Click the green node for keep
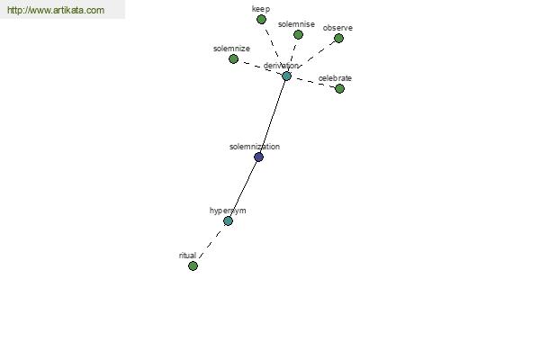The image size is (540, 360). point(261,20)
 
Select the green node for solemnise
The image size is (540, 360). point(298,34)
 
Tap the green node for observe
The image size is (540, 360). point(339,38)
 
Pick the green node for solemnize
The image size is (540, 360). point(233,58)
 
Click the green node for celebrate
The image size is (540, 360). point(339,88)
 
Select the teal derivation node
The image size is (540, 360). point(286,76)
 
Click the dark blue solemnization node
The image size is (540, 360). point(258,157)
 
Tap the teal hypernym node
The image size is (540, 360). point(228,220)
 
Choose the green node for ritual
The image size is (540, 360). point(193,265)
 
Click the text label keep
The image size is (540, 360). point(261,9)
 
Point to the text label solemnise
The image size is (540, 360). point(296,24)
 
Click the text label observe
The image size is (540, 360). point(337,28)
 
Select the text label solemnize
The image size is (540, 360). point(231,49)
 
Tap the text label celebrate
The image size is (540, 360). point(335,78)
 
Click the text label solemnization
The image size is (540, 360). point(255,147)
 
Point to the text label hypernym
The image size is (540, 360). point(228,211)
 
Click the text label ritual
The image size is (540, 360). point(187,256)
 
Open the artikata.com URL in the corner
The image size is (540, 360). point(56,10)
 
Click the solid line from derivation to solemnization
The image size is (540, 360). point(273,116)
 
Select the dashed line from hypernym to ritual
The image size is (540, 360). point(211,243)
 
